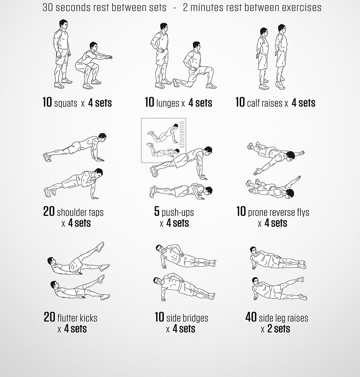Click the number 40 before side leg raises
pyautogui.click(x=251, y=317)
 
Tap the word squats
pyautogui.click(x=65, y=103)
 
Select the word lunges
pyautogui.click(x=168, y=103)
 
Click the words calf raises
pyautogui.click(x=265, y=103)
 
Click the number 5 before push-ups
pyautogui.click(x=157, y=212)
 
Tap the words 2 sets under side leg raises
pyautogui.click(x=279, y=329)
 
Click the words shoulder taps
pyautogui.click(x=80, y=212)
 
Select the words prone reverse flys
pyautogui.click(x=278, y=212)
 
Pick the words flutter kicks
pyautogui.click(x=77, y=318)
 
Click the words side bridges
pyautogui.click(x=187, y=318)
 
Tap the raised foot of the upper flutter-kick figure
pyautogui.click(x=100, y=246)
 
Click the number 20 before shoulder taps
pyautogui.click(x=49, y=212)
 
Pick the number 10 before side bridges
pyautogui.click(x=159, y=317)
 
